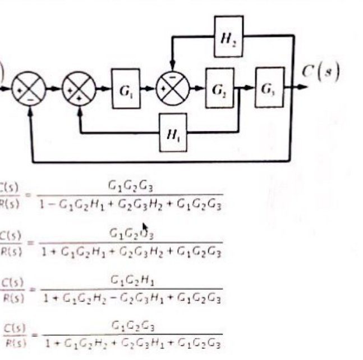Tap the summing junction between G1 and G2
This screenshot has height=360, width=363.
[173, 88]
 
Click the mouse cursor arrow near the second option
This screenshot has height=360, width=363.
[144, 228]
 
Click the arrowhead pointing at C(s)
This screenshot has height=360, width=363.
[303, 88]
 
